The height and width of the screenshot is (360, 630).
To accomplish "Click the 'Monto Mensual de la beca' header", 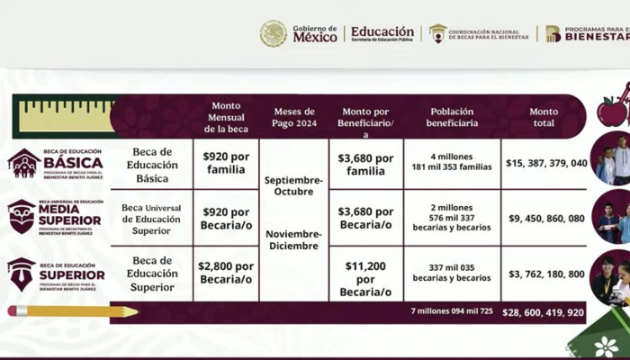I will point(226,117).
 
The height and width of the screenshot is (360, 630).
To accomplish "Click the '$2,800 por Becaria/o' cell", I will point(226,274).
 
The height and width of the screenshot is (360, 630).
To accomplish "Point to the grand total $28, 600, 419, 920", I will point(545,312).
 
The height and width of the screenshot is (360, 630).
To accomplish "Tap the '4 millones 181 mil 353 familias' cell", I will point(453,163).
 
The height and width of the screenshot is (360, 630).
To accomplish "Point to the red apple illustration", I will point(612,111).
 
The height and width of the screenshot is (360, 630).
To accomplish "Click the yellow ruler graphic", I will point(66,114).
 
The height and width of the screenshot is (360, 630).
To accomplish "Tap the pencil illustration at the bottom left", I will point(73,311).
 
